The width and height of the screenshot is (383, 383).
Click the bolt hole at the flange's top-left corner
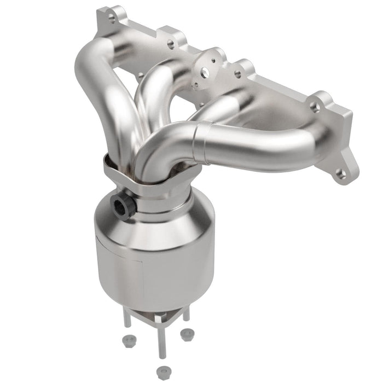click(112, 18)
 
